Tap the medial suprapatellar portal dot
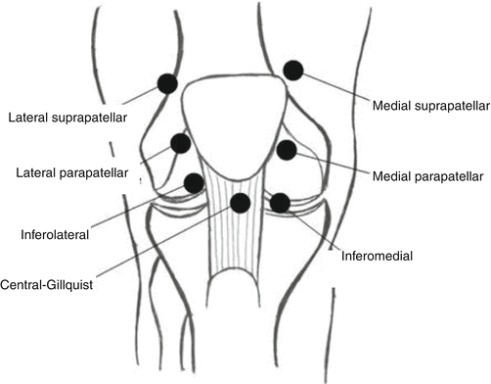point(293,70)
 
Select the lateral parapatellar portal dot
point(180,144)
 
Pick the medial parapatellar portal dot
point(287,150)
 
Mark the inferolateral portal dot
point(194,183)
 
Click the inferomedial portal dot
point(280,203)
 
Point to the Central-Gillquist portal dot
point(240,203)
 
